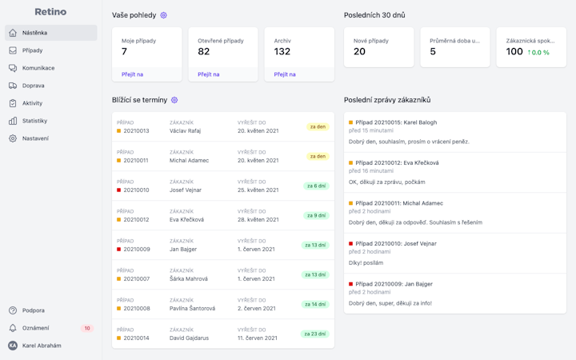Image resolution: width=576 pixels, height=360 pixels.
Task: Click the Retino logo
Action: coord(50,12)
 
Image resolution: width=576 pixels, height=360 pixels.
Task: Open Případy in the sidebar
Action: coord(32,50)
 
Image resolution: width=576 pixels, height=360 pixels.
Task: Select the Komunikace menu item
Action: coord(38,68)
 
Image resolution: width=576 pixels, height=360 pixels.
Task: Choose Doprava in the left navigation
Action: coord(33,86)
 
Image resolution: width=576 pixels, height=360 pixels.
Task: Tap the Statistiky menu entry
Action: coord(34,121)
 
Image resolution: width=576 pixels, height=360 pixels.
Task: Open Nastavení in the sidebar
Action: coord(35,138)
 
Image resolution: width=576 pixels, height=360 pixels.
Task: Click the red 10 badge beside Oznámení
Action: coord(87,328)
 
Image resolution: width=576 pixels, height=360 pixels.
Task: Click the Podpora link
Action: coord(33,310)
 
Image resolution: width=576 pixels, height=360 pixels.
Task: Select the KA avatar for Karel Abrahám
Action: coord(13,346)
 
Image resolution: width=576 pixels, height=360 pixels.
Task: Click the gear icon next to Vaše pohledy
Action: coord(164,15)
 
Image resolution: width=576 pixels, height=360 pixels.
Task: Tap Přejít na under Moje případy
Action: coord(132,74)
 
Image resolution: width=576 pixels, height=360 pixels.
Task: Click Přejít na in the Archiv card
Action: coord(285,74)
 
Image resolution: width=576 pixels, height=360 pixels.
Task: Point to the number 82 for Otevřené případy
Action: coord(204,52)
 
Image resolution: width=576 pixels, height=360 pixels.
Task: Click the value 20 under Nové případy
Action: coord(359,52)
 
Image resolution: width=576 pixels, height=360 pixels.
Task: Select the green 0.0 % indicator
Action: coord(538,53)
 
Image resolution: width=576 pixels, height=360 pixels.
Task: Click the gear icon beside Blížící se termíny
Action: coord(174,100)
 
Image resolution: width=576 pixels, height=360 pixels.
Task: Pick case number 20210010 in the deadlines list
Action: coord(136,190)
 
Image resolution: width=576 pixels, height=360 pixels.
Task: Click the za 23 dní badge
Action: coord(315,334)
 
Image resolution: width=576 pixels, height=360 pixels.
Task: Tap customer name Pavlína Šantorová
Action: coord(192,308)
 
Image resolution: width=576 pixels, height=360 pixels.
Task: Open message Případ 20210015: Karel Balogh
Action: coord(396,122)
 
